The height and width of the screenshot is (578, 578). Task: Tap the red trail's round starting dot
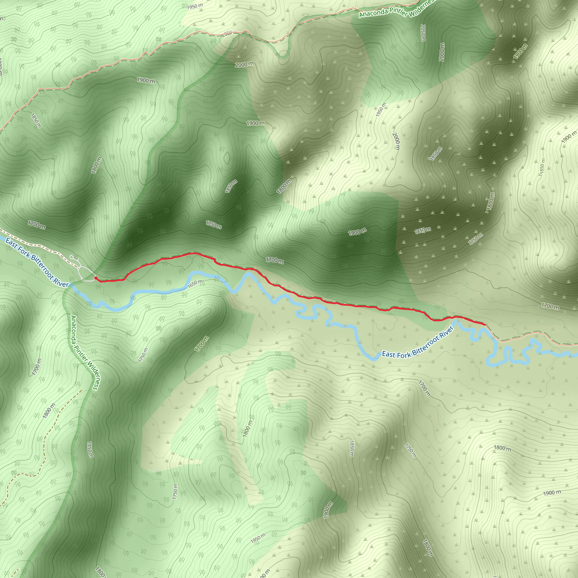click(x=95, y=278)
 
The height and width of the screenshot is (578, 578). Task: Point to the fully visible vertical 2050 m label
click(x=422, y=33)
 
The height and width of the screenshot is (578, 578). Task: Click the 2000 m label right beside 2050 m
click(x=442, y=52)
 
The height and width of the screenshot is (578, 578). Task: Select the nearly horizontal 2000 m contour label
click(x=244, y=64)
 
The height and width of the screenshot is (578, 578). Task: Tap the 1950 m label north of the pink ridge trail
click(x=195, y=6)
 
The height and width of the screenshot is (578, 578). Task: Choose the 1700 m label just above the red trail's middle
click(x=275, y=260)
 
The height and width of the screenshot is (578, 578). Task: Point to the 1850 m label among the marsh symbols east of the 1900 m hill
click(x=422, y=230)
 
